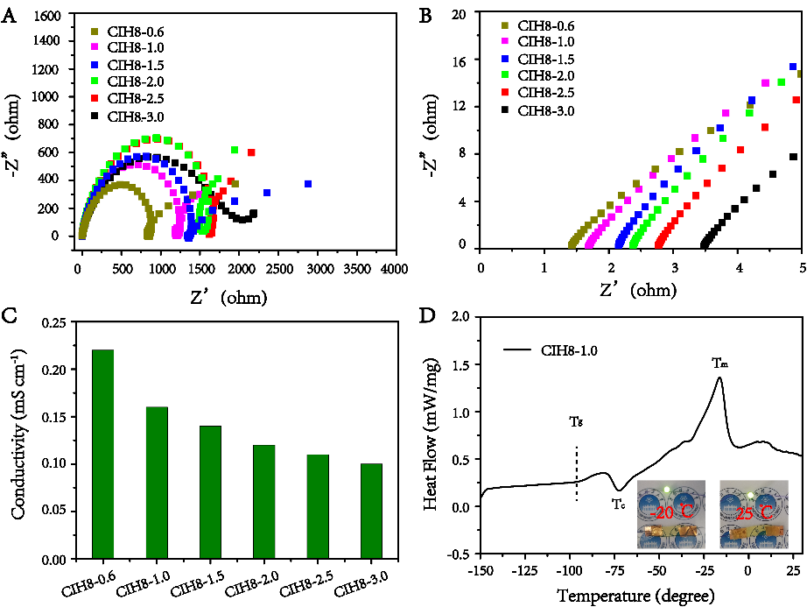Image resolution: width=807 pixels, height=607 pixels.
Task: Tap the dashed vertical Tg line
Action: pyautogui.click(x=576, y=473)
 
